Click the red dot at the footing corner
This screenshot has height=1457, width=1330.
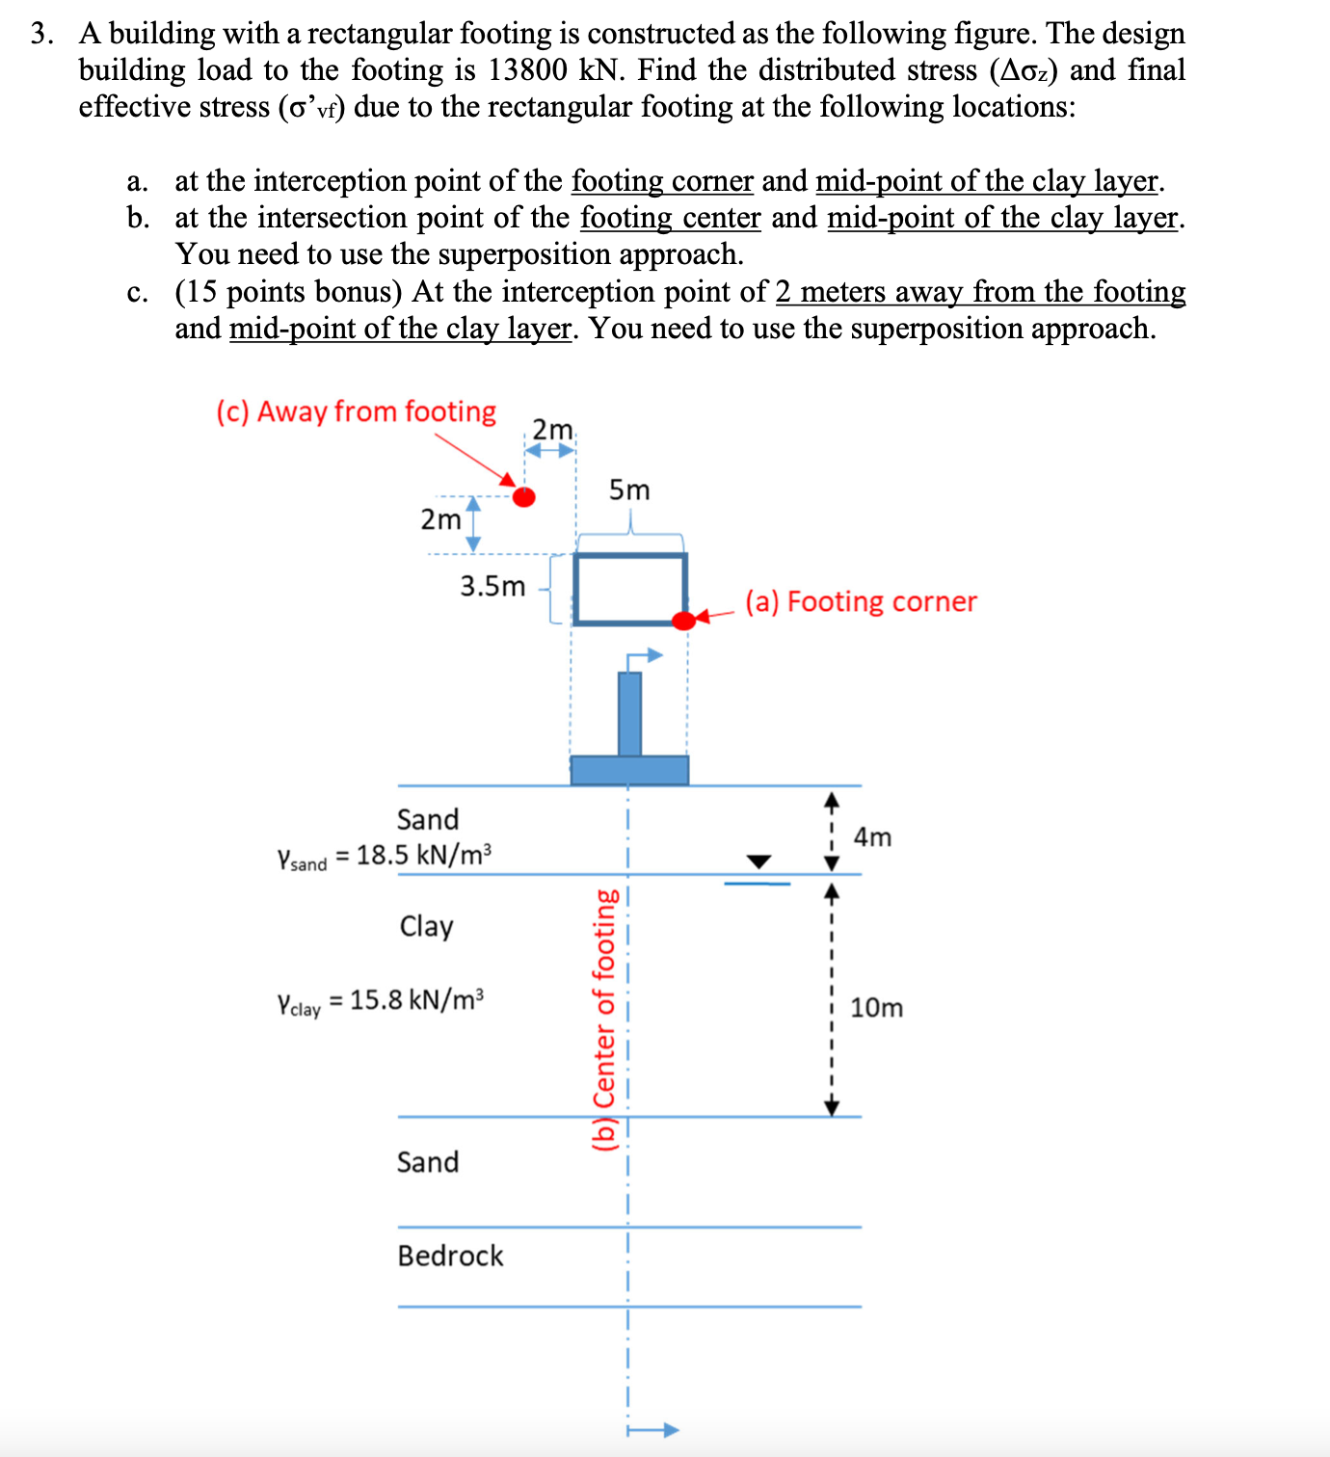(683, 621)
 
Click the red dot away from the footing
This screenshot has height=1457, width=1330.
(523, 496)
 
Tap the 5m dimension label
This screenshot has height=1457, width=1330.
(629, 490)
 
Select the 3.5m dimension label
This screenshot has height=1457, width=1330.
(492, 586)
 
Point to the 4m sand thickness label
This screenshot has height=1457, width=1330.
(872, 837)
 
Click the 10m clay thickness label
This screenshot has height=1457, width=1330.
(876, 1008)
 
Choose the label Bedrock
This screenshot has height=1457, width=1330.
(450, 1256)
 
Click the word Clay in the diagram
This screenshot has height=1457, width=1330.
(426, 926)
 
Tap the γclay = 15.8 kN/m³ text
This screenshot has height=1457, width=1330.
(380, 1001)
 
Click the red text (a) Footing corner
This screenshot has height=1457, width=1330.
(860, 601)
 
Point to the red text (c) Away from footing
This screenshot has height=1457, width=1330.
(356, 411)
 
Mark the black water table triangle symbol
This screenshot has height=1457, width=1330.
(759, 861)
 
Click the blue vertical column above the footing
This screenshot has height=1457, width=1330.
(629, 714)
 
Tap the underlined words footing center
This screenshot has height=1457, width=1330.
(670, 218)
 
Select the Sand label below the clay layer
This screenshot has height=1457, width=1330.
(427, 1162)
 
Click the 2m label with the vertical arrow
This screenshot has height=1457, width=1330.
(440, 519)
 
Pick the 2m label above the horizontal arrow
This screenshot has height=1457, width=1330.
(552, 429)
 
